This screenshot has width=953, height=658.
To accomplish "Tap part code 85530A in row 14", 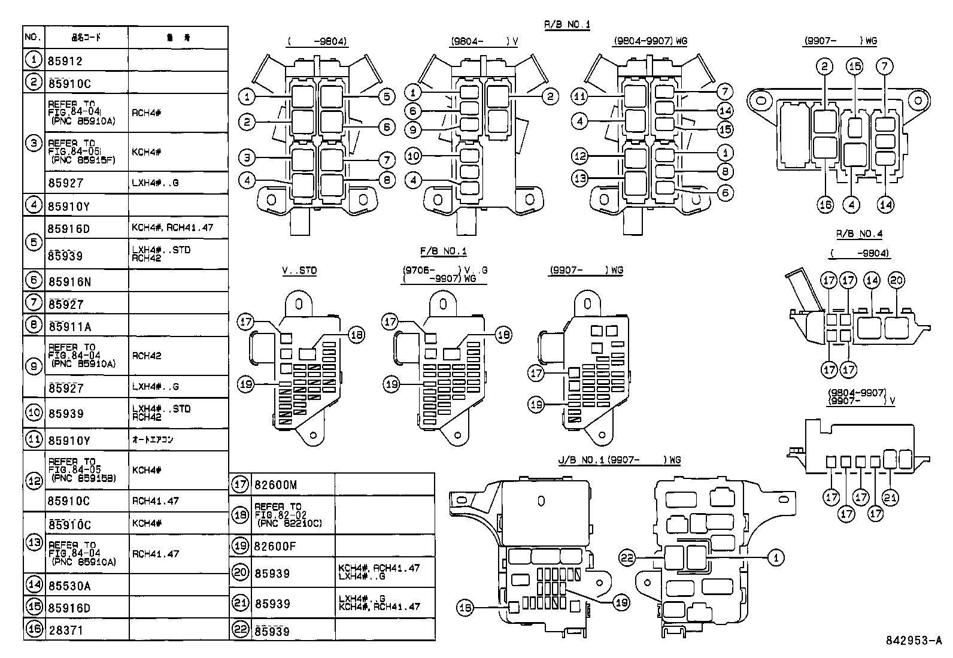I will coord(69,586).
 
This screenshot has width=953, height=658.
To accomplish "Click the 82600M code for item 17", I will coord(275,485).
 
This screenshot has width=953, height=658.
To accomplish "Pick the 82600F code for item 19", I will coord(275,546).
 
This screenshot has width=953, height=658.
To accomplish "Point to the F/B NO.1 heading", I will coord(443,251).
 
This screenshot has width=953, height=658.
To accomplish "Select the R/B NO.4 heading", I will coord(859,234).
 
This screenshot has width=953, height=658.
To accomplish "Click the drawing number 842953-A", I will coord(913,640).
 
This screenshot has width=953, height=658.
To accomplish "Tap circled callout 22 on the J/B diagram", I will coord(627,558).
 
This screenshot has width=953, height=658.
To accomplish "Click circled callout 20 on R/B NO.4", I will coord(897,280).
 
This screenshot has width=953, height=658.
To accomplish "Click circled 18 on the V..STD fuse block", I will coord(356,335).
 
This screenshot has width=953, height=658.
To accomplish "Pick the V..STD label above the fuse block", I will coord(299,271).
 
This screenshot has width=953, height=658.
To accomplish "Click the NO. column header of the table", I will coord(34,38).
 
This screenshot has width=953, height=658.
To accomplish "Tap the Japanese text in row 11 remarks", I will coord(153,440).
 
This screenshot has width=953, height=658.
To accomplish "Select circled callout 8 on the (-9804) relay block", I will coord(387,180).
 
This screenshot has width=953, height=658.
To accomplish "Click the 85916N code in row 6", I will coord(69,281).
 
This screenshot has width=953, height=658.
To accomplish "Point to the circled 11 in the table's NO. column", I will coord(34,440).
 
